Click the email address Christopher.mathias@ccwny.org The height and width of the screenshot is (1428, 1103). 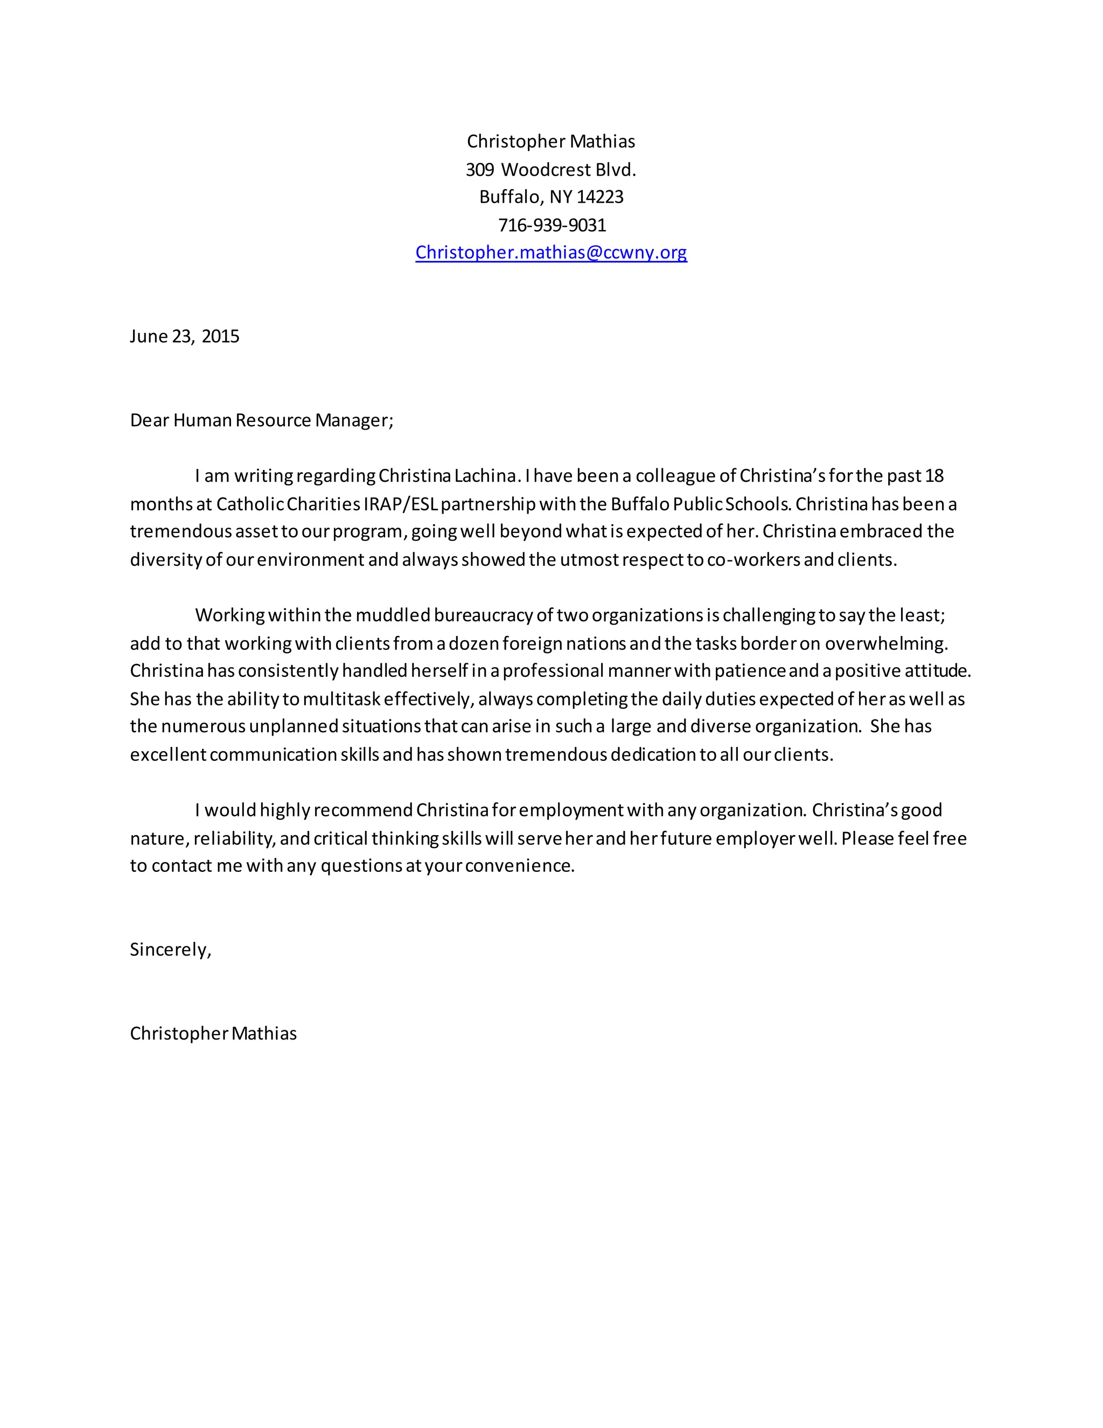551,252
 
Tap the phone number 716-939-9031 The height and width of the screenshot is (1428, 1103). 552,225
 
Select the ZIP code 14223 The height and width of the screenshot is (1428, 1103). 600,197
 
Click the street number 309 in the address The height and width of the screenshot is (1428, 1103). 480,170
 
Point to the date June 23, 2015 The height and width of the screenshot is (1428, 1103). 184,336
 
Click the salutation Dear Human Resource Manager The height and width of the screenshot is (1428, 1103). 261,420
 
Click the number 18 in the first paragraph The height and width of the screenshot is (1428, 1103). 934,475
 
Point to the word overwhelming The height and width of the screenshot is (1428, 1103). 885,643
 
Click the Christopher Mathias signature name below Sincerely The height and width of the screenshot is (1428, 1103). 213,1033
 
